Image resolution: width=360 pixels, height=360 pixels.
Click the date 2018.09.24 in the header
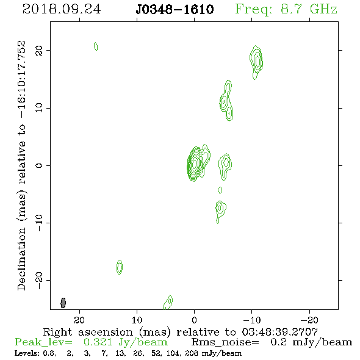pyautogui.click(x=62, y=9)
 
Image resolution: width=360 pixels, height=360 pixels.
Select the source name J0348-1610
pyautogui.click(x=175, y=9)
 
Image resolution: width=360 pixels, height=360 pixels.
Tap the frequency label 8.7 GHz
pyautogui.click(x=309, y=9)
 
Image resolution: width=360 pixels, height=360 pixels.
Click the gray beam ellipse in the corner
pyautogui.click(x=63, y=303)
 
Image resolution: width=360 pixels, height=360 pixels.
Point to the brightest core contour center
pyautogui.click(x=195, y=164)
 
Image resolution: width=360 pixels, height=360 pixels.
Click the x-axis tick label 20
pyautogui.click(x=79, y=320)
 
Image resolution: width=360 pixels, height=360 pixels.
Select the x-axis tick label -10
pyautogui.click(x=251, y=320)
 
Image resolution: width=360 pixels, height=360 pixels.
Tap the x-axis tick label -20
pyautogui.click(x=309, y=320)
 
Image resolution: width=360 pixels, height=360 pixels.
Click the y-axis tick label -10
pyautogui.click(x=39, y=223)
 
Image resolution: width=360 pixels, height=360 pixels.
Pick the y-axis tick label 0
pyautogui.click(x=39, y=165)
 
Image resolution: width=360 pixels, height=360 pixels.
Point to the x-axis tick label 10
pyautogui.click(x=137, y=320)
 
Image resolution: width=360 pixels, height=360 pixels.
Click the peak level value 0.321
pyautogui.click(x=98, y=342)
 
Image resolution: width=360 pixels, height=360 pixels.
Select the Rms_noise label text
pyautogui.click(x=225, y=342)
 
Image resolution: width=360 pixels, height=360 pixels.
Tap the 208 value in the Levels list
pyautogui.click(x=191, y=353)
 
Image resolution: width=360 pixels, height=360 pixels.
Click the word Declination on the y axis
pyautogui.click(x=21, y=259)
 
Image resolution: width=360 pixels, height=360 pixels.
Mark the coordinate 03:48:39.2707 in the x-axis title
pyautogui.click(x=279, y=332)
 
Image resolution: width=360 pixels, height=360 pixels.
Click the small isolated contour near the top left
pyautogui.click(x=96, y=46)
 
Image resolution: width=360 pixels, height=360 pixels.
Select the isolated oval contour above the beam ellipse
pyautogui.click(x=120, y=267)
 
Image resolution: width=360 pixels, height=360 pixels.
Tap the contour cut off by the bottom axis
pyautogui.click(x=168, y=303)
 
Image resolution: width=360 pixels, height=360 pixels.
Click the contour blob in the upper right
pyautogui.click(x=256, y=62)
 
